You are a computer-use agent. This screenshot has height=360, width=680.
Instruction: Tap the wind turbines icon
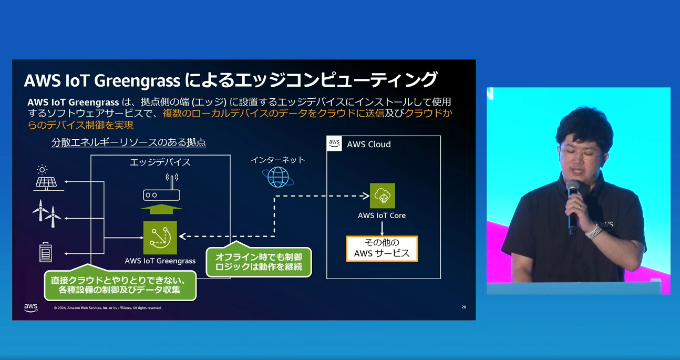46,213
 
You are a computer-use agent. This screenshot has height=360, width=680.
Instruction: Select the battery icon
46,251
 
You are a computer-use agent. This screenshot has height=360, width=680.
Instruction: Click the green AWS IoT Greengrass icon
160,238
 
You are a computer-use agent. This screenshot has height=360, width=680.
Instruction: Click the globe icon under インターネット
278,177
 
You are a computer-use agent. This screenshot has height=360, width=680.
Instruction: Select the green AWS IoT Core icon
382,196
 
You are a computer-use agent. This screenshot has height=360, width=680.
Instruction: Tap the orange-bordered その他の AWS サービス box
382,249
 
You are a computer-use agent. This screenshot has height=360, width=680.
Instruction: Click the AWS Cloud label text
368,144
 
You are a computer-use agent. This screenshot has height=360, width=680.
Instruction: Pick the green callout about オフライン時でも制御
259,262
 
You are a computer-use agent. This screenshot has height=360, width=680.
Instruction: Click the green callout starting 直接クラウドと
120,285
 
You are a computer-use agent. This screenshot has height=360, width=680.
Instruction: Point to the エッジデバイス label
160,162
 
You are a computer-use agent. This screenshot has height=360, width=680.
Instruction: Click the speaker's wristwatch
594,231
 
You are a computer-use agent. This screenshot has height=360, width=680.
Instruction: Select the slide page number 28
463,307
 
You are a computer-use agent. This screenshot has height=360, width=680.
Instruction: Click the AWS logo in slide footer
30,307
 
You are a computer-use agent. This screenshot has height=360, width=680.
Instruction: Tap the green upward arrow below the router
161,209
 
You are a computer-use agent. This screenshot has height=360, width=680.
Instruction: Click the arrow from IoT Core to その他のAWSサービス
382,228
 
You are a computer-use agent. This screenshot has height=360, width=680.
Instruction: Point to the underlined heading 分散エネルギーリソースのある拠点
128,142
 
